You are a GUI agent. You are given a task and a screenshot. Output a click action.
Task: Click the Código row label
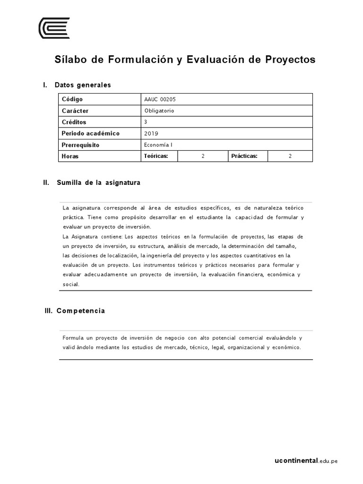[72, 99]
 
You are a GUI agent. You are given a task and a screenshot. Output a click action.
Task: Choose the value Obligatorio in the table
[160, 111]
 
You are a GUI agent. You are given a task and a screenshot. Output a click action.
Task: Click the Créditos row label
[74, 122]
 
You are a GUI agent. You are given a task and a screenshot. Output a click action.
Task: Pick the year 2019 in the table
[151, 133]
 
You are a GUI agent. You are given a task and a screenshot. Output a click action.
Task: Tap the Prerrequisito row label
[80, 145]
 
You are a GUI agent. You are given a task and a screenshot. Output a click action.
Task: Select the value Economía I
[158, 145]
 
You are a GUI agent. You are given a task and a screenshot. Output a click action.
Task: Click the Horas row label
[70, 156]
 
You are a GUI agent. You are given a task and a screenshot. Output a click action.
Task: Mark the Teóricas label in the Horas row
[156, 156]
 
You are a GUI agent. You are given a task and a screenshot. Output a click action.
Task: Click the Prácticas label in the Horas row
[244, 156]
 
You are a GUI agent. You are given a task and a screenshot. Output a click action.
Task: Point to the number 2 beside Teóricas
[203, 156]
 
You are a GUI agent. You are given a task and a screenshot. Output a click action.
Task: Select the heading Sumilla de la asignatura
[98, 182]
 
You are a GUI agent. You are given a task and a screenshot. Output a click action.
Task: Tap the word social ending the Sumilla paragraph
[71, 285]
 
